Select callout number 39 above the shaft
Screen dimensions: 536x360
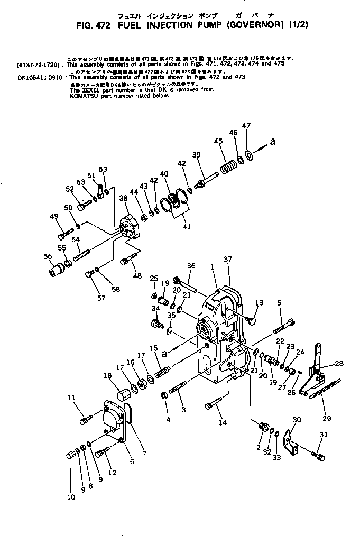coord(196,154)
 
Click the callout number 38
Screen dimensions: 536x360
coord(123,198)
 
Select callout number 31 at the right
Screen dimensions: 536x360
coord(324,435)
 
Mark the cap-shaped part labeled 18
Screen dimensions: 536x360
coord(124,393)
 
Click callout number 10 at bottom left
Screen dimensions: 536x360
coord(71,497)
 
